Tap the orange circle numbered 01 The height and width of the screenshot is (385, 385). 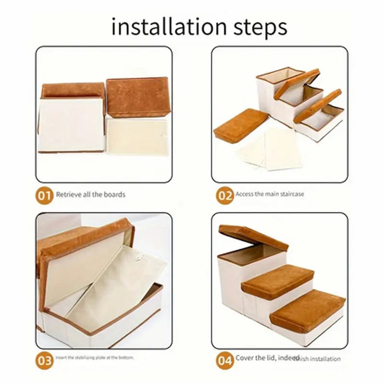pyautogui.click(x=44, y=195)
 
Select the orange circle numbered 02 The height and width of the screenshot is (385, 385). pyautogui.click(x=224, y=195)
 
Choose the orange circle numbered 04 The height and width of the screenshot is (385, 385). pyautogui.click(x=224, y=359)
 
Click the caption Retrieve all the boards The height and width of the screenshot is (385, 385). pyautogui.click(x=90, y=195)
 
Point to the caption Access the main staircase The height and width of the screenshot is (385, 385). pyautogui.click(x=269, y=194)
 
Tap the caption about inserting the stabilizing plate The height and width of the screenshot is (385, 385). pyautogui.click(x=95, y=358)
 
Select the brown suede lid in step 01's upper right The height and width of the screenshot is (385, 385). pyautogui.click(x=138, y=97)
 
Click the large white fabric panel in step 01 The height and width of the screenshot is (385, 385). pyautogui.click(x=71, y=124)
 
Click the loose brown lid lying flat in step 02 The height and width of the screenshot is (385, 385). pyautogui.click(x=241, y=125)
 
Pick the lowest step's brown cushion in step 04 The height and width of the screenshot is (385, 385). pyautogui.click(x=308, y=310)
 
